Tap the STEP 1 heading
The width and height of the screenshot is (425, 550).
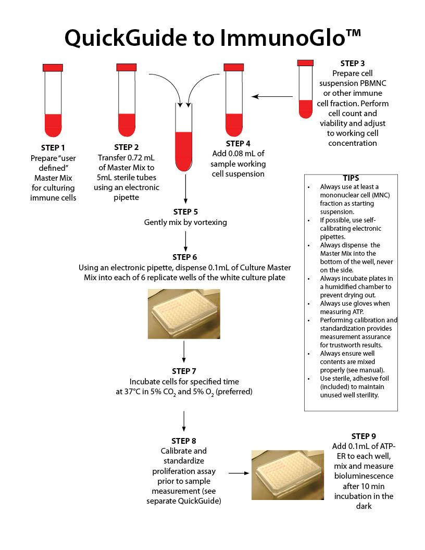tap(53, 147)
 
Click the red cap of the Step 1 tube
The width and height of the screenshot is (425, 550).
tap(53, 67)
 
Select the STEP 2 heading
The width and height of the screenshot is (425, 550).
tap(127, 147)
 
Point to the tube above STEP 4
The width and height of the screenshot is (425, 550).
tap(234, 99)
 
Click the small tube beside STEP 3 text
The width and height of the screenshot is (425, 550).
tap(305, 89)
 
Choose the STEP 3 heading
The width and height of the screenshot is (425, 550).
tap(353, 64)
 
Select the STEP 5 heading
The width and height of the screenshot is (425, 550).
tap(185, 212)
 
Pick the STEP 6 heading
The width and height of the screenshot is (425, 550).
tap(185, 257)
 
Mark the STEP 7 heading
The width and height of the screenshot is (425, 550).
tap(184, 371)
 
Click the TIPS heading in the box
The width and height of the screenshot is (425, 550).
tap(351, 178)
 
